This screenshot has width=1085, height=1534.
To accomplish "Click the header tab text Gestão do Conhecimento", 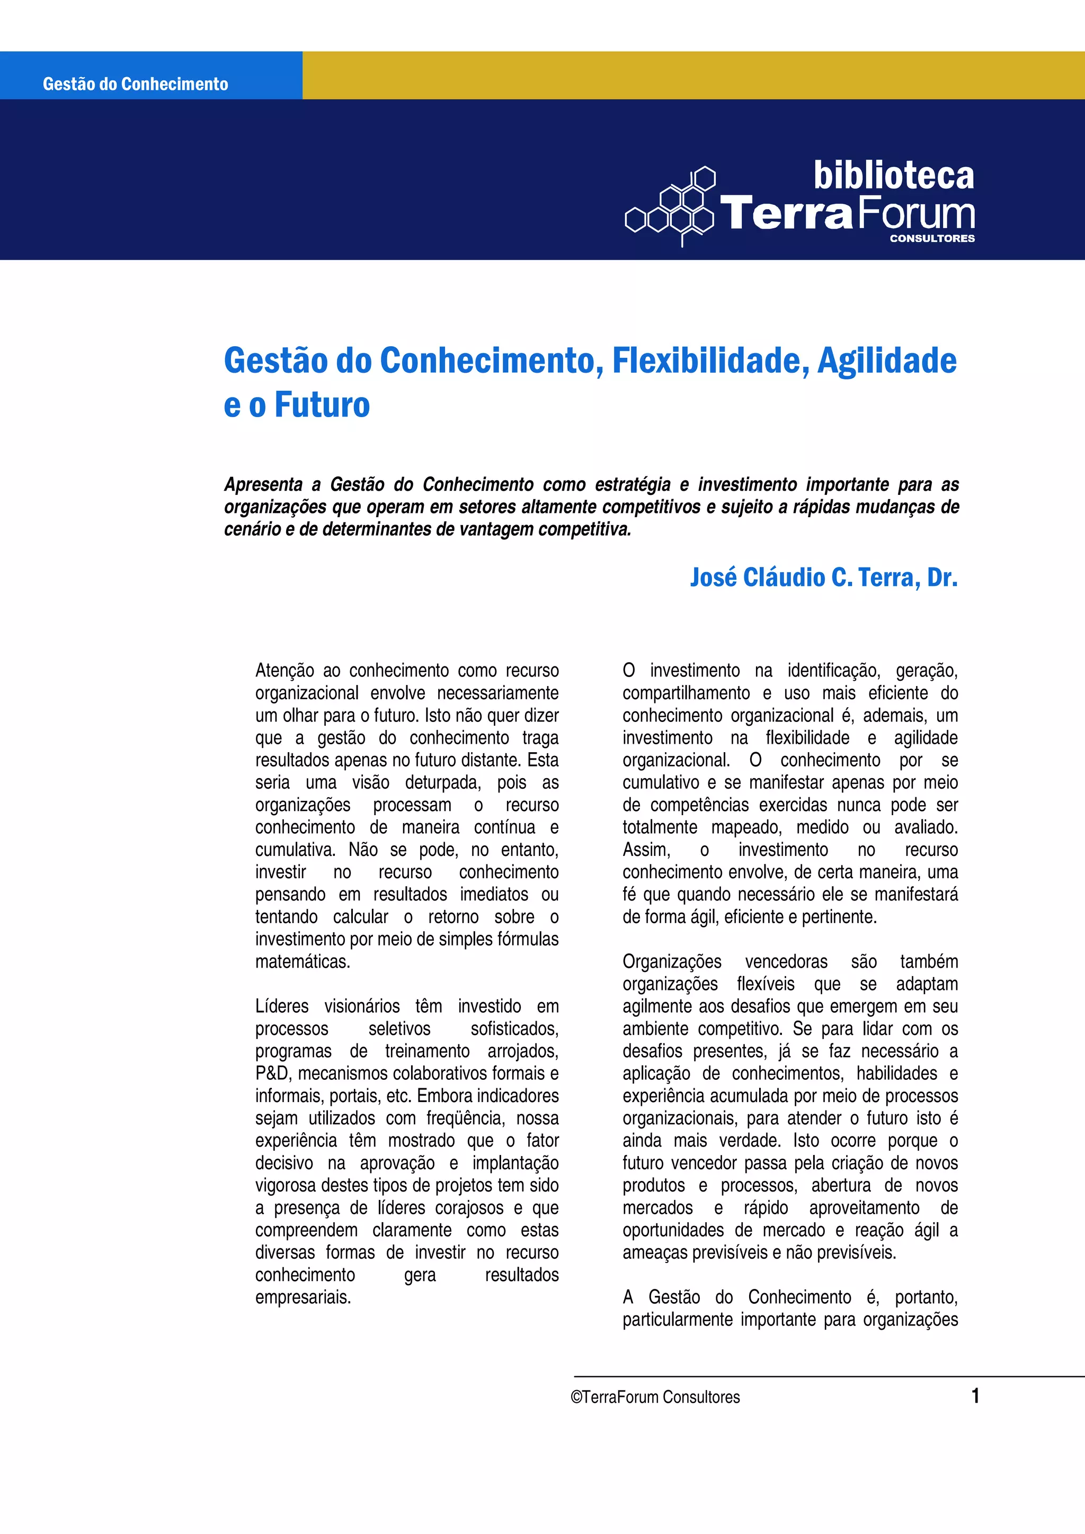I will (135, 84).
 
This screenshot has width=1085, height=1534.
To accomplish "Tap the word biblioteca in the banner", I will (893, 176).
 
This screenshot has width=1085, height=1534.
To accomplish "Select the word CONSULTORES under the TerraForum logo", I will (932, 239).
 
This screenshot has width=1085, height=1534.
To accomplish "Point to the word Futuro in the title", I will (322, 405).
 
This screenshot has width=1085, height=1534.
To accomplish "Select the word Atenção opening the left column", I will (284, 670).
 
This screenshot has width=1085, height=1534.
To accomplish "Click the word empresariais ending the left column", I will (303, 1297).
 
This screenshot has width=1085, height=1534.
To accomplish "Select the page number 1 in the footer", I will (975, 1396).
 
